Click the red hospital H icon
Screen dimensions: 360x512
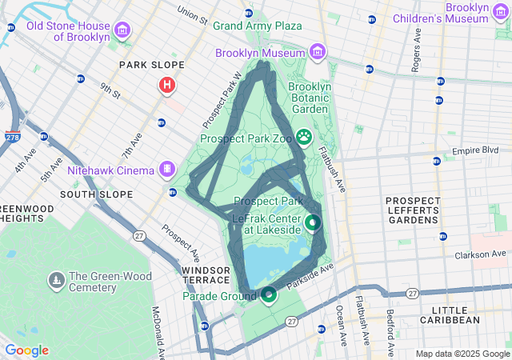[166, 84]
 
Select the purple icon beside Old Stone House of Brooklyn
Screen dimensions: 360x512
[122, 31]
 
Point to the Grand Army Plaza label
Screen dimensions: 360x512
[257, 26]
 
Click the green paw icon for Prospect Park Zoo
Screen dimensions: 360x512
[304, 137]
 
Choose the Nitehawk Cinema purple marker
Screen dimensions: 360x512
[166, 169]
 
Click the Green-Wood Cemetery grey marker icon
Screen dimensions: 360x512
[56, 280]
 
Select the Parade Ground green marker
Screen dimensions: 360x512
[269, 296]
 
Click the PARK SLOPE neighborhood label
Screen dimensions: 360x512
[151, 65]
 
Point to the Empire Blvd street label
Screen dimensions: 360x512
[475, 150]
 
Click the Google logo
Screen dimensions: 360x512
[26, 350]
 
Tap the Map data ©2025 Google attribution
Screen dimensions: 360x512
[462, 354]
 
